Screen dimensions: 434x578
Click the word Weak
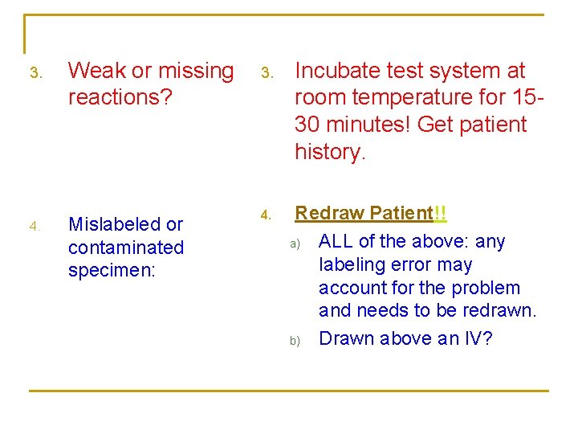click(x=97, y=71)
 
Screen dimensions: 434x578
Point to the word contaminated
click(x=126, y=248)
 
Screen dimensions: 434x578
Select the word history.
click(x=330, y=151)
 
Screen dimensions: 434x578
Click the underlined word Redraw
click(x=330, y=214)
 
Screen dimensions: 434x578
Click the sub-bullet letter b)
click(x=295, y=341)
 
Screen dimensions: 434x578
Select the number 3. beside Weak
click(x=35, y=73)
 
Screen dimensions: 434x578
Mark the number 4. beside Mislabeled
click(x=35, y=227)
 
